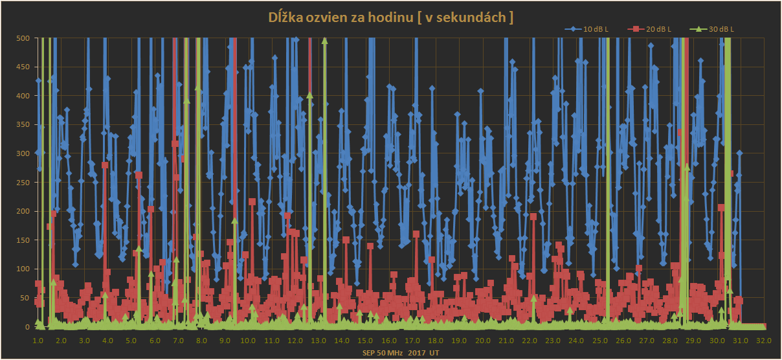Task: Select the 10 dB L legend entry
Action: (x=595, y=29)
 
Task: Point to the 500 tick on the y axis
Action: (x=23, y=38)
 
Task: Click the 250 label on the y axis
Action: (x=23, y=183)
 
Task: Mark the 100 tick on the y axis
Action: (x=23, y=269)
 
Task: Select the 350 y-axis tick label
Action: (x=23, y=125)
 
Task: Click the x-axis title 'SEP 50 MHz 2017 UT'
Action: (x=401, y=353)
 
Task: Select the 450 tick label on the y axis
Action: (x=23, y=67)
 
